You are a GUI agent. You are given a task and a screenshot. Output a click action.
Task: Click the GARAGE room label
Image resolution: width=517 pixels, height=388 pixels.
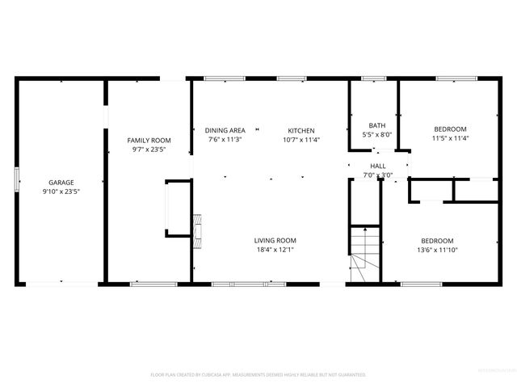point(61,183)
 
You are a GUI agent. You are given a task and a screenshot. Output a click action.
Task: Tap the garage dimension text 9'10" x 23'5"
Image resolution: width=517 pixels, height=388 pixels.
point(61,192)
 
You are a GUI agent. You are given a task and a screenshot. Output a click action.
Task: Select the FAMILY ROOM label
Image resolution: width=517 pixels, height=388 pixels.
point(149,140)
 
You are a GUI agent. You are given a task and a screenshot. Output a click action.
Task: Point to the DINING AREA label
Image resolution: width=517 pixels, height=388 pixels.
point(225,130)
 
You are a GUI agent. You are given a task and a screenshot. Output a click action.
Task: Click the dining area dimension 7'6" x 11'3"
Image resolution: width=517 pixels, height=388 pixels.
point(225,139)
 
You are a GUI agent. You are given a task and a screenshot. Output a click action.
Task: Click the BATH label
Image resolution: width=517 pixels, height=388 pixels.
point(377,125)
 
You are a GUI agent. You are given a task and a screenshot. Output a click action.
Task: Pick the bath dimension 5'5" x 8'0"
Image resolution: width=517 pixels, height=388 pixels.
point(377,134)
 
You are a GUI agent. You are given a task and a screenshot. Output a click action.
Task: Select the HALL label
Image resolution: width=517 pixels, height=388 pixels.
point(377,166)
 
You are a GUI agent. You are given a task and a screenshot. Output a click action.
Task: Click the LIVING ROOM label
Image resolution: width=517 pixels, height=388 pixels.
point(275,240)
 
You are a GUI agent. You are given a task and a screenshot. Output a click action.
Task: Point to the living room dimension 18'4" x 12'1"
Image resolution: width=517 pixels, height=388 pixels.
point(275,249)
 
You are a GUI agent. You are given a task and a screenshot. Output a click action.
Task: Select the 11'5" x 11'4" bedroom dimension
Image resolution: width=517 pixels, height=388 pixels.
point(450,138)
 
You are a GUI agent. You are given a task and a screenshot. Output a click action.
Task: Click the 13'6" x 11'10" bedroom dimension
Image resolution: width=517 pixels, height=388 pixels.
point(436,250)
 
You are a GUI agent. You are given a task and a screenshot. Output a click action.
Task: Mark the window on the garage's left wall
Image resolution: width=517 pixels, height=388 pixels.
point(17,180)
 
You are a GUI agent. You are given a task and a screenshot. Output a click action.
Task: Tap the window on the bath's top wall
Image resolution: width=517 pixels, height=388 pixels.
point(373,78)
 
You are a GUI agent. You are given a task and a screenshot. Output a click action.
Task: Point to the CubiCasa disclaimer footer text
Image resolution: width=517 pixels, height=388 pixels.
point(258,375)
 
